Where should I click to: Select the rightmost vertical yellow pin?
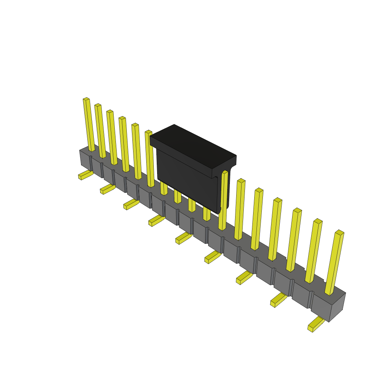point(334,262)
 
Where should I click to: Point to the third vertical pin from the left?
point(112,138)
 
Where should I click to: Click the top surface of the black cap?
point(193,146)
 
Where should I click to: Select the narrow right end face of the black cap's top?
point(224,167)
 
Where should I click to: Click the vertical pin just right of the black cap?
point(223,201)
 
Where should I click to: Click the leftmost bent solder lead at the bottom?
point(85,175)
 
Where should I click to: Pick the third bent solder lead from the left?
point(131,204)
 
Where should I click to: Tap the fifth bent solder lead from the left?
point(183,238)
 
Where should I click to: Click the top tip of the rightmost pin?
point(339,232)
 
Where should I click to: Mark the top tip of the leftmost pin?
point(86,99)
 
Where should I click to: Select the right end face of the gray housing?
point(337,307)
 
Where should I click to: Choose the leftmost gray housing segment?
point(85,159)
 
